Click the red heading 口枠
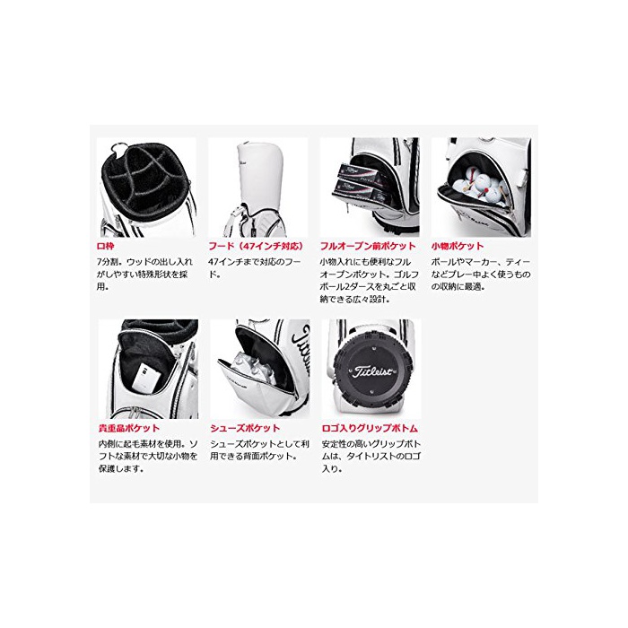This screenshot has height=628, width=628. click(x=105, y=246)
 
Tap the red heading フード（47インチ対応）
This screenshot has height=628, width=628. click(x=256, y=246)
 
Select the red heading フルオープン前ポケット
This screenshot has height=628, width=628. click(x=368, y=246)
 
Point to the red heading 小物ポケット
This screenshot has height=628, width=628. click(x=458, y=246)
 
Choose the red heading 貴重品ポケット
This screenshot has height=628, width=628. click(x=129, y=428)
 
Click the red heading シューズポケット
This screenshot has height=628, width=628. click(x=245, y=428)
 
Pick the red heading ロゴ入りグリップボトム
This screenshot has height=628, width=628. click(x=370, y=428)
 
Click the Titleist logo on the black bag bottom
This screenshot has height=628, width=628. click(x=372, y=371)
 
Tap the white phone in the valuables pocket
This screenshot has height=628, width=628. click(x=144, y=377)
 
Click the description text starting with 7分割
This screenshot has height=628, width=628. click(x=144, y=275)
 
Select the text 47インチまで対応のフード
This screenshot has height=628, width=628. click(x=254, y=268)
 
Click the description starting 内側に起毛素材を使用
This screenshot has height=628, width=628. click(x=148, y=456)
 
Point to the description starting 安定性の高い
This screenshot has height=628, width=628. click(x=371, y=456)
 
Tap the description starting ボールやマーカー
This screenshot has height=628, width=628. click(x=481, y=275)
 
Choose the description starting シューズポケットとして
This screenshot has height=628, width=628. click(x=260, y=450)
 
